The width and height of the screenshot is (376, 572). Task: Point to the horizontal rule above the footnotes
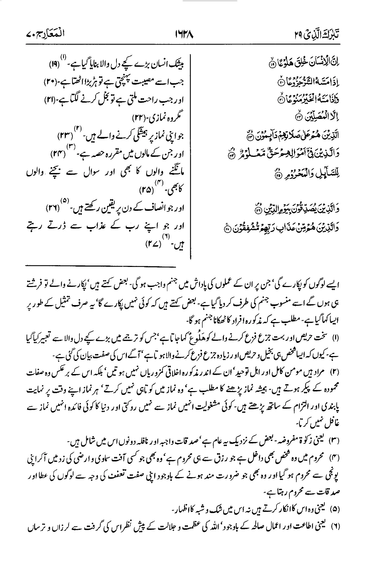[101, 267]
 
